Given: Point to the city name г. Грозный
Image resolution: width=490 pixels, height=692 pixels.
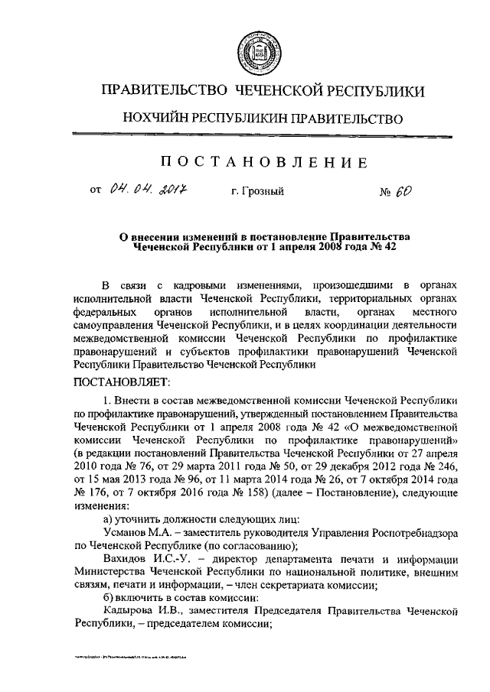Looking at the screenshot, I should pyautogui.click(x=257, y=191).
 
